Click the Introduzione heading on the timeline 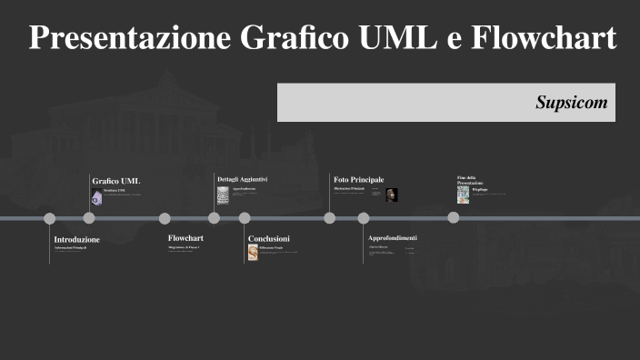[x=77, y=239]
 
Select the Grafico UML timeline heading [x=116, y=181]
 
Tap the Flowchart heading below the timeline [x=185, y=238]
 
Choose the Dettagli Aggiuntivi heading [x=242, y=179]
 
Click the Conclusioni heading [x=269, y=238]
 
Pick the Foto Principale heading [x=359, y=180]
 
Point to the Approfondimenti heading [x=393, y=238]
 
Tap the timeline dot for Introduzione [x=50, y=218]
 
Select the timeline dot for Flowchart [x=165, y=218]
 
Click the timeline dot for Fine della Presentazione [x=453, y=218]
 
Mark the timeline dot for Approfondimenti [x=364, y=218]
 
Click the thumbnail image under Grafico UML [x=96, y=195]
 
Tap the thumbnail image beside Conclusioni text [x=253, y=252]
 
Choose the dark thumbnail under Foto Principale [x=392, y=195]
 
